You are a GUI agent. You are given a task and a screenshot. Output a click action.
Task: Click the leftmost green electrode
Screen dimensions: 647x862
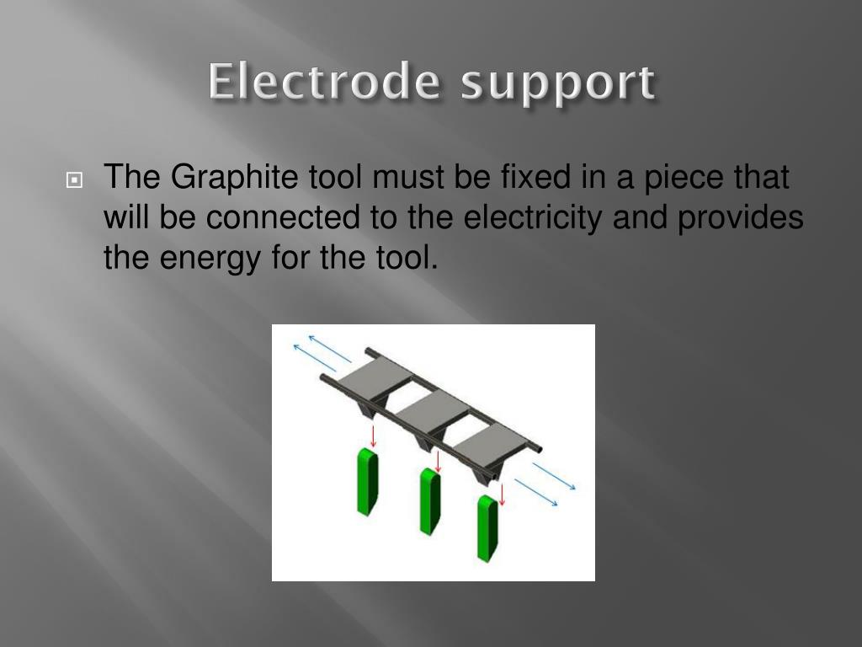point(367,481)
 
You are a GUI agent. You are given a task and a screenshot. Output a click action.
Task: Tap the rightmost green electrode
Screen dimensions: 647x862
point(487,527)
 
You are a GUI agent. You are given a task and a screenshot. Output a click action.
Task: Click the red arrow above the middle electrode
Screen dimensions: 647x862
point(438,460)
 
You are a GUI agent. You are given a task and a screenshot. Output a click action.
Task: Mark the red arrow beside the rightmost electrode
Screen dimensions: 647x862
point(502,493)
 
